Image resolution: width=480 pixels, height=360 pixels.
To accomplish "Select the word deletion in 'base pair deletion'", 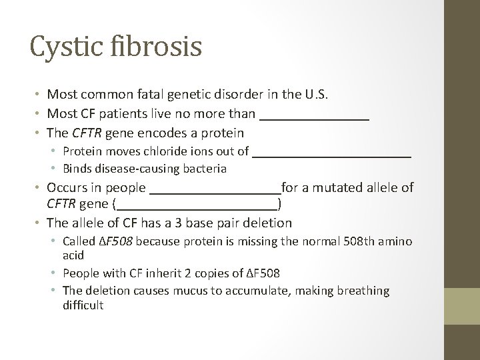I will pos(268,222).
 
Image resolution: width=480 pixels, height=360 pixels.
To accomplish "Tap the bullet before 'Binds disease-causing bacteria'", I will pos(58,169).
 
